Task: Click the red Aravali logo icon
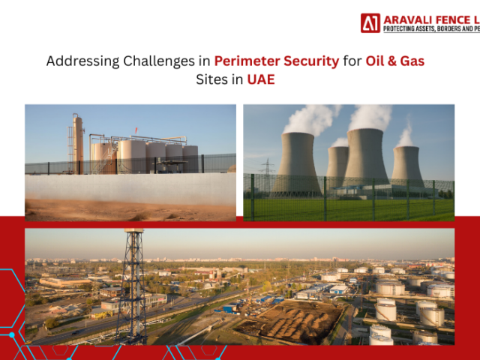370,22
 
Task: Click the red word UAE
261,79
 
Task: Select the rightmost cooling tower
408,165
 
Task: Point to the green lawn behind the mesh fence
352,210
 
